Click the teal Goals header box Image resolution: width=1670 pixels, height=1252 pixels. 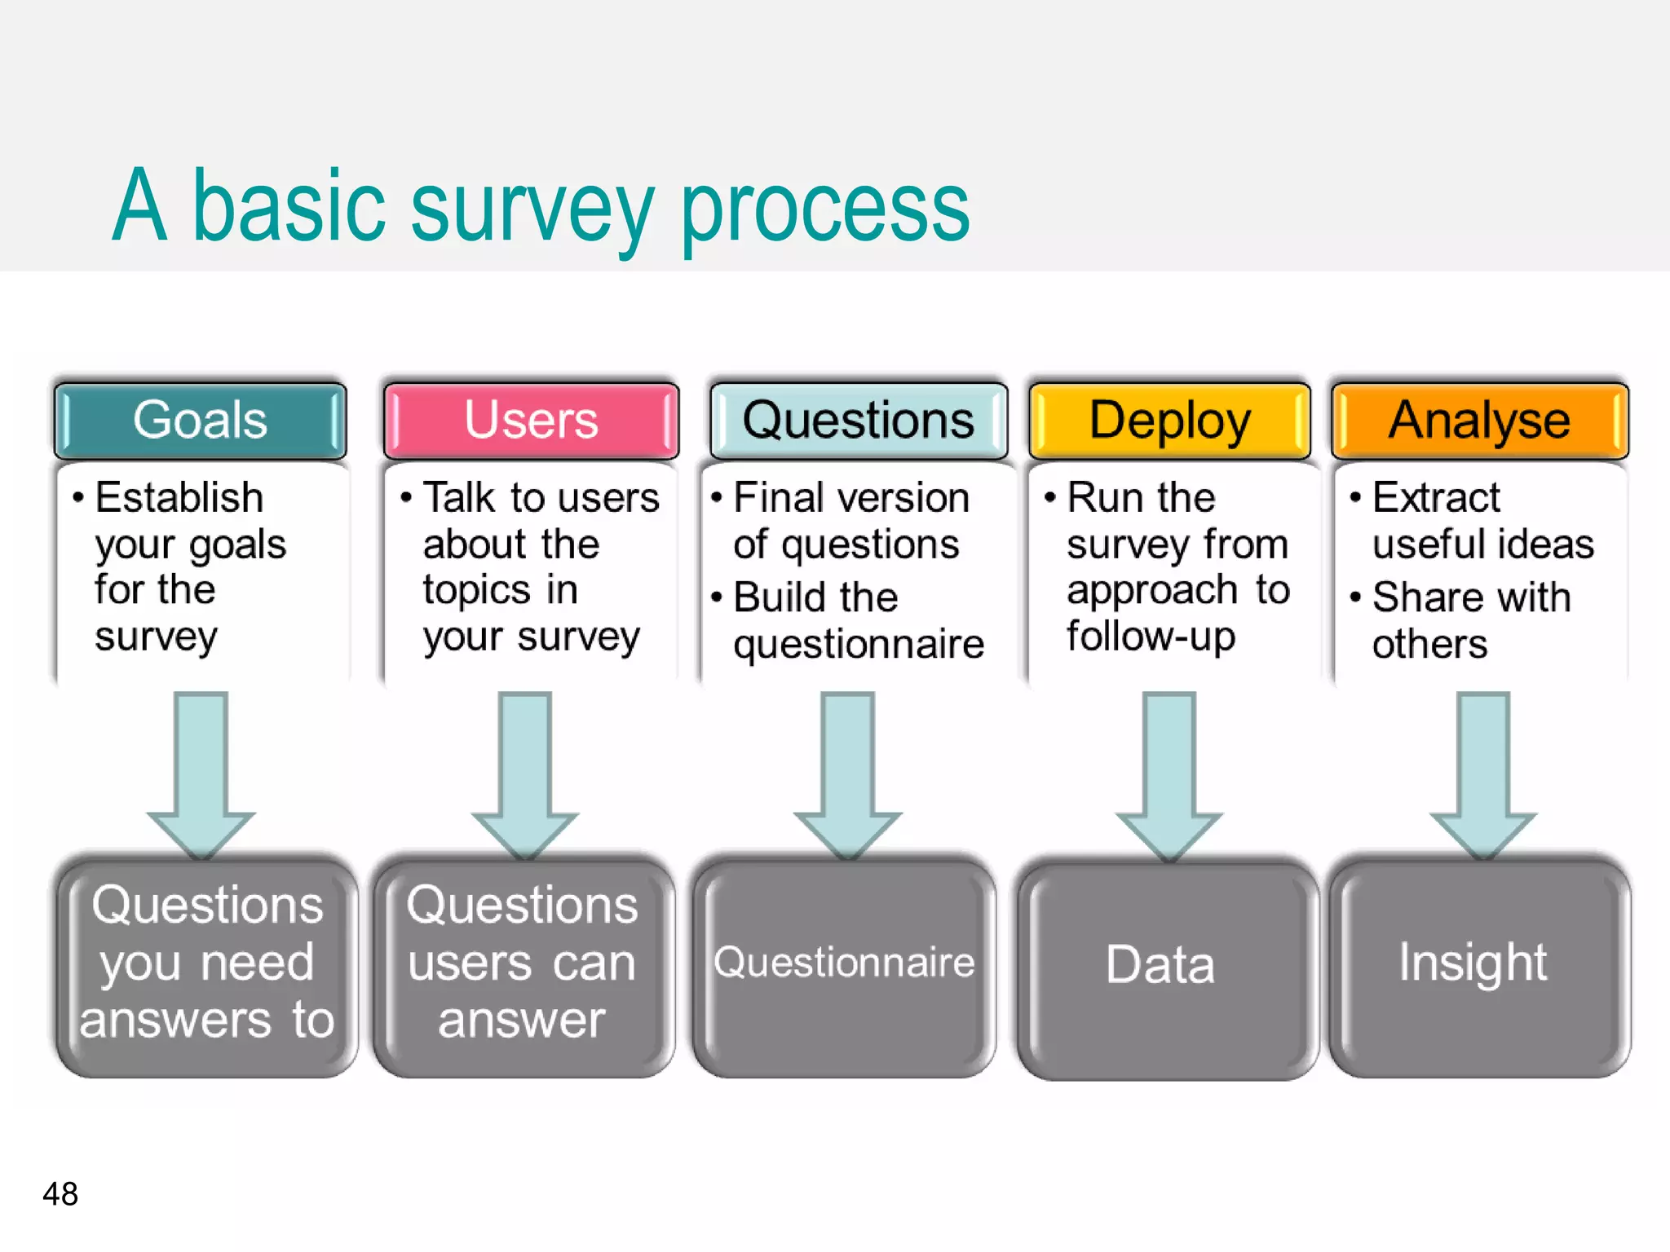click(x=200, y=421)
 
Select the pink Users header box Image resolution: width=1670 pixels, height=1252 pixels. click(x=531, y=421)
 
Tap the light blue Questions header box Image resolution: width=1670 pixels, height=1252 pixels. click(x=858, y=421)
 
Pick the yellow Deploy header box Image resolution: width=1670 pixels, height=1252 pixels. click(x=1169, y=421)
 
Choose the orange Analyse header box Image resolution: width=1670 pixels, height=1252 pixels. click(x=1479, y=421)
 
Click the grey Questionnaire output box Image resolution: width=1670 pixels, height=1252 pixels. click(x=844, y=966)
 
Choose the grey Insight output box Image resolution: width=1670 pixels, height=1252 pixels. click(x=1478, y=966)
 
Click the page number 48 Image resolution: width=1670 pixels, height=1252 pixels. click(x=60, y=1194)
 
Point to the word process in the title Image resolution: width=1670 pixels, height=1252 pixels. click(x=824, y=209)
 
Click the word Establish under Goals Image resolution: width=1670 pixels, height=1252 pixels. click(x=179, y=498)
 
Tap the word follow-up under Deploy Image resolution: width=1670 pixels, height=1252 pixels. click(x=1151, y=637)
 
